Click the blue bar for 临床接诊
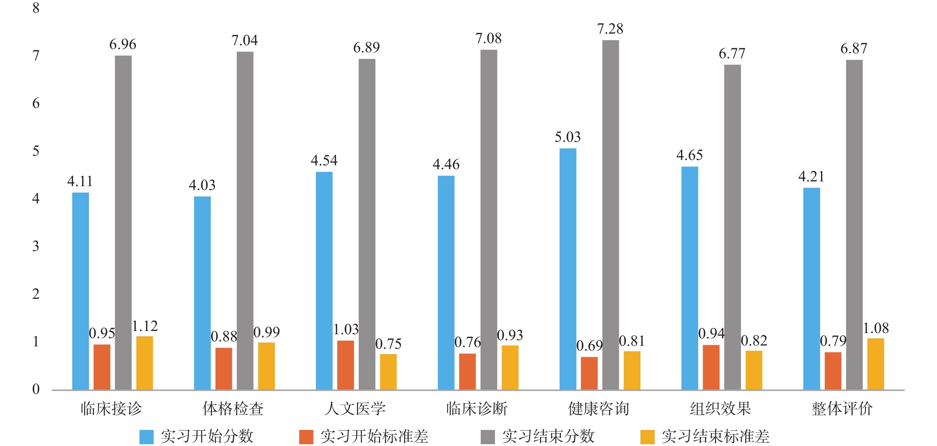tap(80, 291)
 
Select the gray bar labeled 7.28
tap(610, 214)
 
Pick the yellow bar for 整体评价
tap(875, 364)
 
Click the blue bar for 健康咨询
tap(568, 269)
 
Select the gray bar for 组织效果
tap(732, 227)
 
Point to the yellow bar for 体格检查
tap(266, 366)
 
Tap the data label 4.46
tap(446, 165)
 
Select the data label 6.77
tap(732, 54)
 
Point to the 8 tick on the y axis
tap(36, 8)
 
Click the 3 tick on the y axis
tap(36, 246)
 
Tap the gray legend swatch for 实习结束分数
tap(488, 436)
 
